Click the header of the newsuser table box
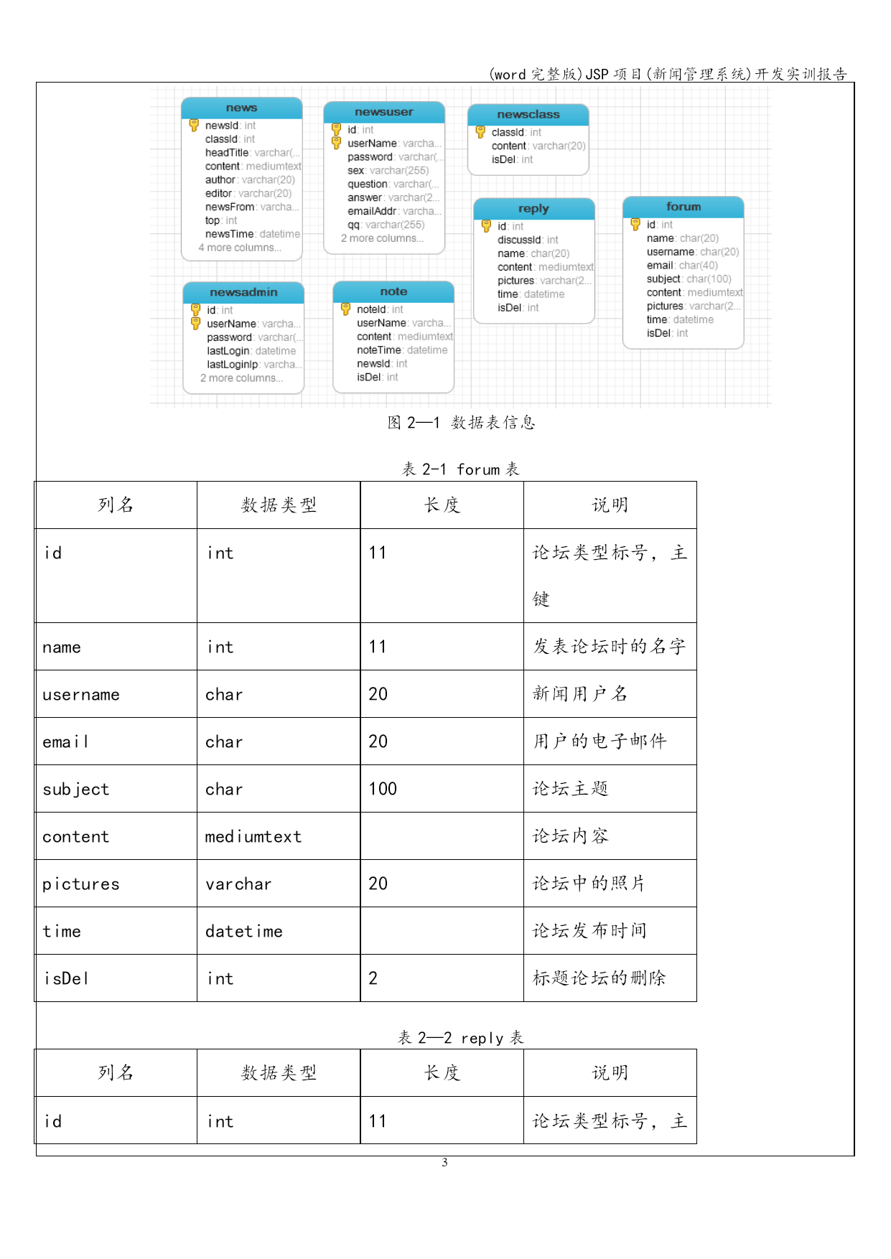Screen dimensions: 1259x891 384,112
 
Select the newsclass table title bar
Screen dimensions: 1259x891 528,114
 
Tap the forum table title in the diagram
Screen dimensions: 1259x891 683,207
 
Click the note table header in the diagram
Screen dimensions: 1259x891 393,291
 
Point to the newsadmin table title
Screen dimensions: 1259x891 243,292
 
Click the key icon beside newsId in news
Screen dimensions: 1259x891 194,125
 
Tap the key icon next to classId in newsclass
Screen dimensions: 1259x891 480,132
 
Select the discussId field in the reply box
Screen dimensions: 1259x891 527,240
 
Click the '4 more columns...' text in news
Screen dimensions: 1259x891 240,248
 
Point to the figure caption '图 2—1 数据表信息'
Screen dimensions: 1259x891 461,422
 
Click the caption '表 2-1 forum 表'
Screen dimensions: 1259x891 460,469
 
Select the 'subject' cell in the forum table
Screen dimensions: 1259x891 76,789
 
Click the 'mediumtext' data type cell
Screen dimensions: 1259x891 253,836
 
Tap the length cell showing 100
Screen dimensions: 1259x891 383,789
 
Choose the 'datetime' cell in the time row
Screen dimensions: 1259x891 244,931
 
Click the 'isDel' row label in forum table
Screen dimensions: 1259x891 66,978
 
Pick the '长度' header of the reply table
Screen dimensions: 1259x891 442,1072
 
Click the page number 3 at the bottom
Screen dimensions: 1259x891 444,1162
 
